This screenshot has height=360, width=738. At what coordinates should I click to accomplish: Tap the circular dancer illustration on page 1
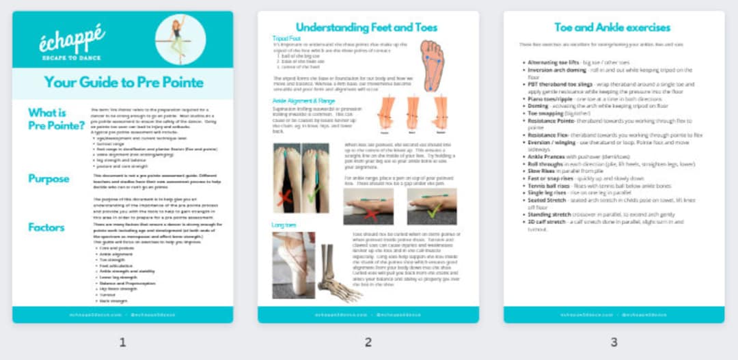coord(180,39)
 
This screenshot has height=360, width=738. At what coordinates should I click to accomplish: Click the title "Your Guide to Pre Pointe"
coord(123,83)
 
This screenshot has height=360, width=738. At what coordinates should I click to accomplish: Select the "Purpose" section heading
coord(49,179)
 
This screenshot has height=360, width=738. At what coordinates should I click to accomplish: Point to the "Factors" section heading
coord(46,227)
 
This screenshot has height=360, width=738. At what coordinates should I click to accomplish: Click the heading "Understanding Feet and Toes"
coord(366,27)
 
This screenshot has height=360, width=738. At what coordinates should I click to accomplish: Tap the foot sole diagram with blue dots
coord(431,65)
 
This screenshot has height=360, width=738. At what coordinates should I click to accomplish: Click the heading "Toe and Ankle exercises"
coord(613,27)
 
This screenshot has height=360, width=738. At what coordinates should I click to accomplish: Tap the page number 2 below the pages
coord(368,342)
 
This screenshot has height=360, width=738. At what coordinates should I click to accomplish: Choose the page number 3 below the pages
coord(614,342)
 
